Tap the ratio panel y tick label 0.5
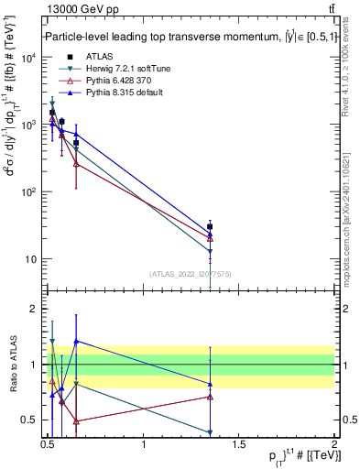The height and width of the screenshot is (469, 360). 29,420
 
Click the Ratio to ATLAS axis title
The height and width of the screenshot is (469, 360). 12,365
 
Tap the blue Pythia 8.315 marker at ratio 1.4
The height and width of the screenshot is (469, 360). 76,341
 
